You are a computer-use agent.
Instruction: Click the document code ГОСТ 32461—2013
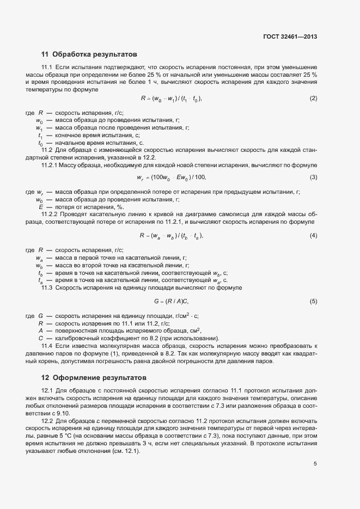click(289, 36)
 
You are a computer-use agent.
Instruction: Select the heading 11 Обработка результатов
click(89, 54)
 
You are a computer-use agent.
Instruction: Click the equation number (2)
click(313, 99)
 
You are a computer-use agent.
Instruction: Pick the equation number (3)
click(313, 177)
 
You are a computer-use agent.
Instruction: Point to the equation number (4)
click(313, 235)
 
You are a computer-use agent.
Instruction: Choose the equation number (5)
click(313, 301)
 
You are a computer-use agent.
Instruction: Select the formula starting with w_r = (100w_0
click(172, 177)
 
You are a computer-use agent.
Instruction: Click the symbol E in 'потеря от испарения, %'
click(40, 207)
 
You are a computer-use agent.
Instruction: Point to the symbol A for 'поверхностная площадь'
click(41, 330)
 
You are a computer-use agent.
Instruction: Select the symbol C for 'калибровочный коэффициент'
click(41, 338)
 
